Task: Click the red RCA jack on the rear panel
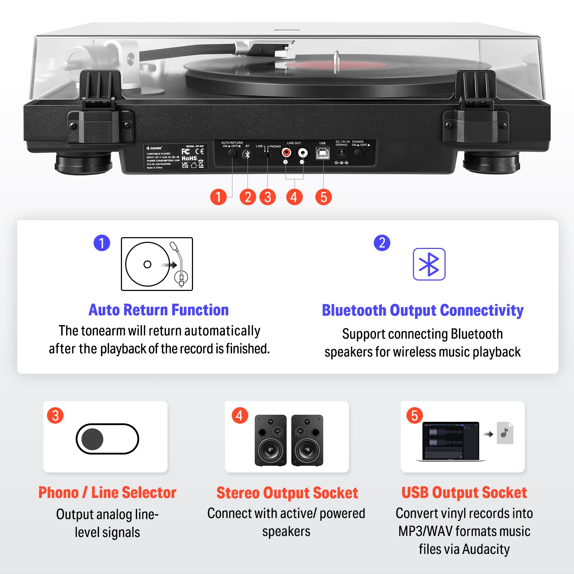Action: coord(286,153)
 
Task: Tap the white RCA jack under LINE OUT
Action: coord(303,153)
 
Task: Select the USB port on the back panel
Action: coord(323,154)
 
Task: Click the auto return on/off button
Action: coord(232,153)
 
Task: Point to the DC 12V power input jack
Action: coord(342,153)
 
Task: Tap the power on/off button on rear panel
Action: coord(358,153)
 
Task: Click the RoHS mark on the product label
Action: coord(189,158)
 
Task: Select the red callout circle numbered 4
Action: coord(294,197)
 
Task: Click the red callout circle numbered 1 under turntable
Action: coord(218,197)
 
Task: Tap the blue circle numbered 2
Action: coord(382,243)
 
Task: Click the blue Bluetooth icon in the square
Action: coord(429,264)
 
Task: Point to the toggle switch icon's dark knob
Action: coord(93,439)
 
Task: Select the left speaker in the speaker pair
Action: coord(270,440)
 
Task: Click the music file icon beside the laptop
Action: coord(505,433)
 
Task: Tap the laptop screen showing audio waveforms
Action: coord(451,440)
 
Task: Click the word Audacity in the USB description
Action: coord(486,549)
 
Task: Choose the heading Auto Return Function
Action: coord(159,310)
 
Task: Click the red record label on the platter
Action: coord(335,66)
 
